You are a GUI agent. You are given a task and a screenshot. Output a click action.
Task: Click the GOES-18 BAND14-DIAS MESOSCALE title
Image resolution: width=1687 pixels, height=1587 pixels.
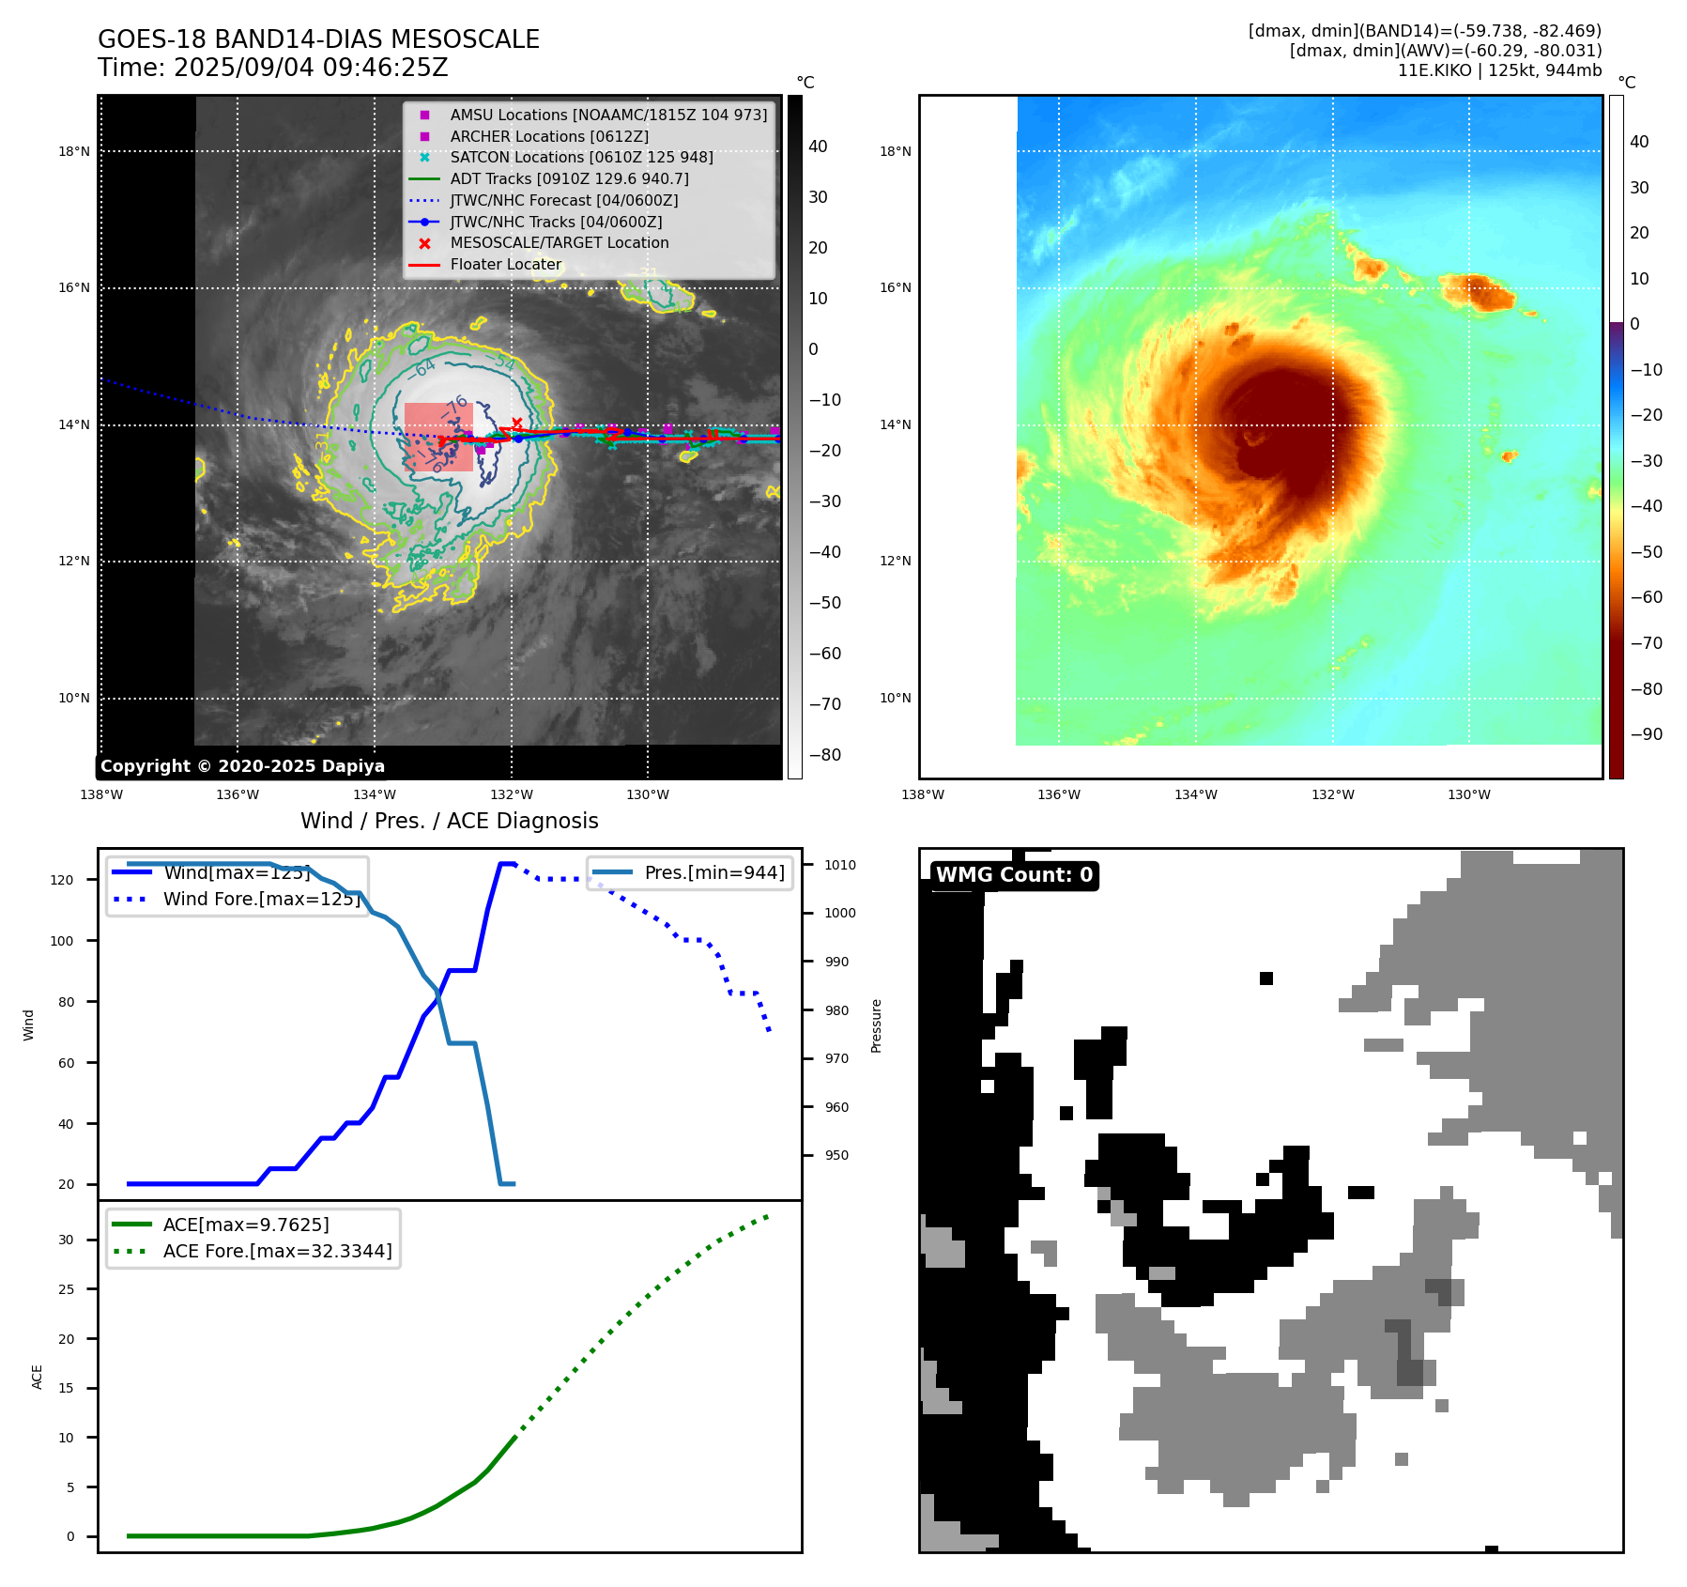coord(318,39)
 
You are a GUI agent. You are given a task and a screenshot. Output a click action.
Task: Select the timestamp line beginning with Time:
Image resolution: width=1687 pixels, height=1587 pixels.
coord(272,68)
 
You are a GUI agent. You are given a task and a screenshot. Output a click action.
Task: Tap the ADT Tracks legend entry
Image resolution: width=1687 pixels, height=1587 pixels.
coord(569,178)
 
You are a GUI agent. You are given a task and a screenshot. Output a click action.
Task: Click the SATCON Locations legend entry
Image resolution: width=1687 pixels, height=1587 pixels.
coord(581,157)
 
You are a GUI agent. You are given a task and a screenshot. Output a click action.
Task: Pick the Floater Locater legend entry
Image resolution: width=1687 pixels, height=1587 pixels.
coord(505,264)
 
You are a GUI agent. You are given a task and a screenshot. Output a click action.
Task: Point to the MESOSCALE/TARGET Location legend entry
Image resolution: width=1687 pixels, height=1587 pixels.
coord(559,242)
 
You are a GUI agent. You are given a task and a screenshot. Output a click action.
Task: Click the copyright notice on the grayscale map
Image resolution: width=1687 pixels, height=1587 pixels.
coord(242,765)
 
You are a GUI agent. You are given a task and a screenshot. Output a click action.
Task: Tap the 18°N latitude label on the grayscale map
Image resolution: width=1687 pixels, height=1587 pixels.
coord(74,151)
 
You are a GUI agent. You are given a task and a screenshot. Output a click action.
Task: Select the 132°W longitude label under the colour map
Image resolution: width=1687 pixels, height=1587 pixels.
coord(1332,794)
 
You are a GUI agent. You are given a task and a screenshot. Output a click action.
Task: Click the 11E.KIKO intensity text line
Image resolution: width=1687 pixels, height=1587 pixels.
coord(1499,70)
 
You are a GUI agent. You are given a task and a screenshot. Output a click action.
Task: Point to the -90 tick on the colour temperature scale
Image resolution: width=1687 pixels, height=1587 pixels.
coord(1646,734)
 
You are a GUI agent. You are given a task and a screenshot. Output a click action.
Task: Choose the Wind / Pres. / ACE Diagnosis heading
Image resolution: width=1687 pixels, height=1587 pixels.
coord(449,821)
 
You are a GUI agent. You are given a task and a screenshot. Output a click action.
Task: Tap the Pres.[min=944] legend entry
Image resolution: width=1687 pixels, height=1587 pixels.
coord(713,872)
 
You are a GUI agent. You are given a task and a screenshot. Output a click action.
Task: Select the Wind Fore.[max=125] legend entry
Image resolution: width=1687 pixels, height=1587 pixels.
coord(261,899)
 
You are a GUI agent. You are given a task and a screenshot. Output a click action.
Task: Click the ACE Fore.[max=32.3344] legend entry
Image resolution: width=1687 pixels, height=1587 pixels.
coord(277,1251)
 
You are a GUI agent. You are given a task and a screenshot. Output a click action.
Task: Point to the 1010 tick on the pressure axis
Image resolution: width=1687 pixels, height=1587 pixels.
coord(839,865)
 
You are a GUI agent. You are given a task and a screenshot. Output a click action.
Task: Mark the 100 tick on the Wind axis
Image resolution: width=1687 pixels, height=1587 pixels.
coord(62,941)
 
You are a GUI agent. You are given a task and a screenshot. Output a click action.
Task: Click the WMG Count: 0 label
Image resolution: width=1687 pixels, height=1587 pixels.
coord(1014,875)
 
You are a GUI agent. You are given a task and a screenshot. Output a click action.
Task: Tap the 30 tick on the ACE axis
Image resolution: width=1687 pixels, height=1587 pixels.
coord(66,1240)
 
